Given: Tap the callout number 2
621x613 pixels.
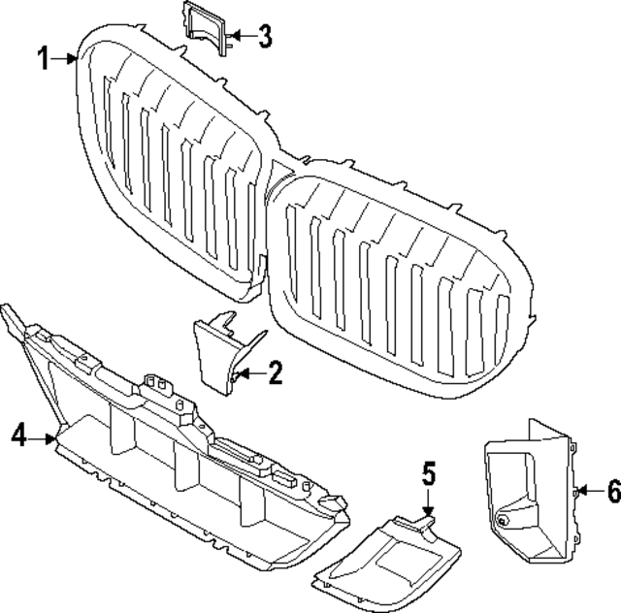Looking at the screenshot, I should pos(275,372).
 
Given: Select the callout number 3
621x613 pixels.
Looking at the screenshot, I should pos(264,39).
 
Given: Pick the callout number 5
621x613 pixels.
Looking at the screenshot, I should pos(429,475).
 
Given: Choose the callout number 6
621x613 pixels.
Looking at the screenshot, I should pos(612,492).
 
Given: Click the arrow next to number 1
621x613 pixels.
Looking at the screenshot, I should pos(66,59).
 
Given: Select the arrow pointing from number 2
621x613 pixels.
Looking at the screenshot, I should pos(248,372).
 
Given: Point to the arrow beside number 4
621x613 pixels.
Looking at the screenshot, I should pos(45,438).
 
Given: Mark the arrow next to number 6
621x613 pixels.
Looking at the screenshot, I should pos(586,492).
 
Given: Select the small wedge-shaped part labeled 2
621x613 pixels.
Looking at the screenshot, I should pos(219,349).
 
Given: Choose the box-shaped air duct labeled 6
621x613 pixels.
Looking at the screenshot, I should pos(529,495).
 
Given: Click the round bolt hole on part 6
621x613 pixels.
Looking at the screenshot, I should pos(502,521).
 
